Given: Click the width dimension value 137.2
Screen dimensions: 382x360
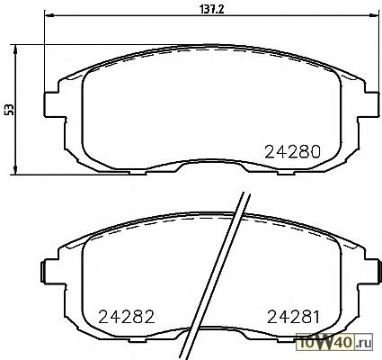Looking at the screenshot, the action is click(x=212, y=10).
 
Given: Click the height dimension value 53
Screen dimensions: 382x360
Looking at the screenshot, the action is click(x=10, y=110).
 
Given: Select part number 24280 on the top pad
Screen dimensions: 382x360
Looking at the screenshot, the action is click(x=293, y=152).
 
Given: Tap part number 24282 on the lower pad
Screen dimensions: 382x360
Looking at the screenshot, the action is click(x=127, y=317).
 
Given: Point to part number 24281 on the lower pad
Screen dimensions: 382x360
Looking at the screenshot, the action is click(x=293, y=317).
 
